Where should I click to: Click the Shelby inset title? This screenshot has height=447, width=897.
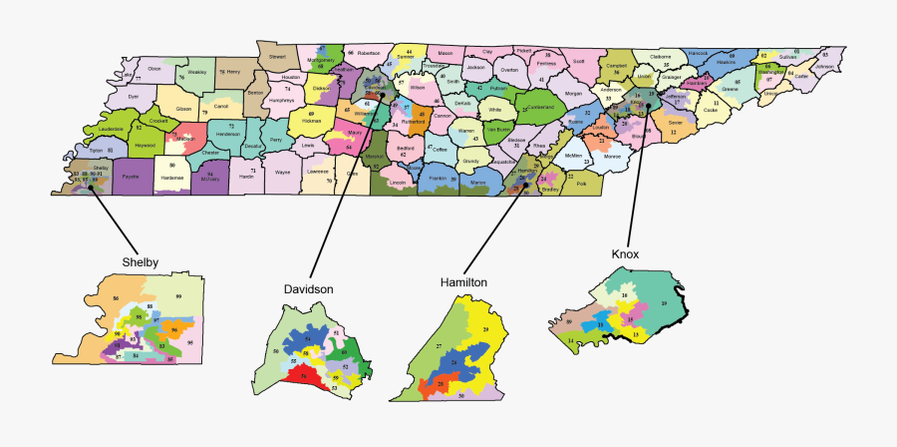[141, 262]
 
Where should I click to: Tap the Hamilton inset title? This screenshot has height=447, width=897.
[463, 282]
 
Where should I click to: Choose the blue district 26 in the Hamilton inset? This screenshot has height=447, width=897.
[454, 360]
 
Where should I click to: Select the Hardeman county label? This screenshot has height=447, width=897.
[171, 177]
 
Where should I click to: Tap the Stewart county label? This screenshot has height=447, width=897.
[276, 57]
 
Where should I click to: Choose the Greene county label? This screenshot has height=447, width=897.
[730, 90]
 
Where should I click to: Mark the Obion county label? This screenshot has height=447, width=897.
[153, 69]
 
